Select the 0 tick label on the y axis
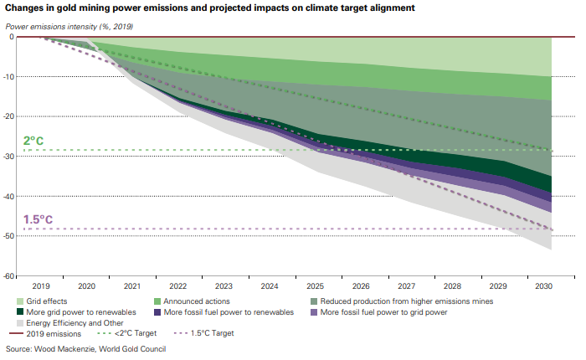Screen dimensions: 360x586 coord(11,37)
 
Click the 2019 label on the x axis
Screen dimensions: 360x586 coord(42,285)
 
